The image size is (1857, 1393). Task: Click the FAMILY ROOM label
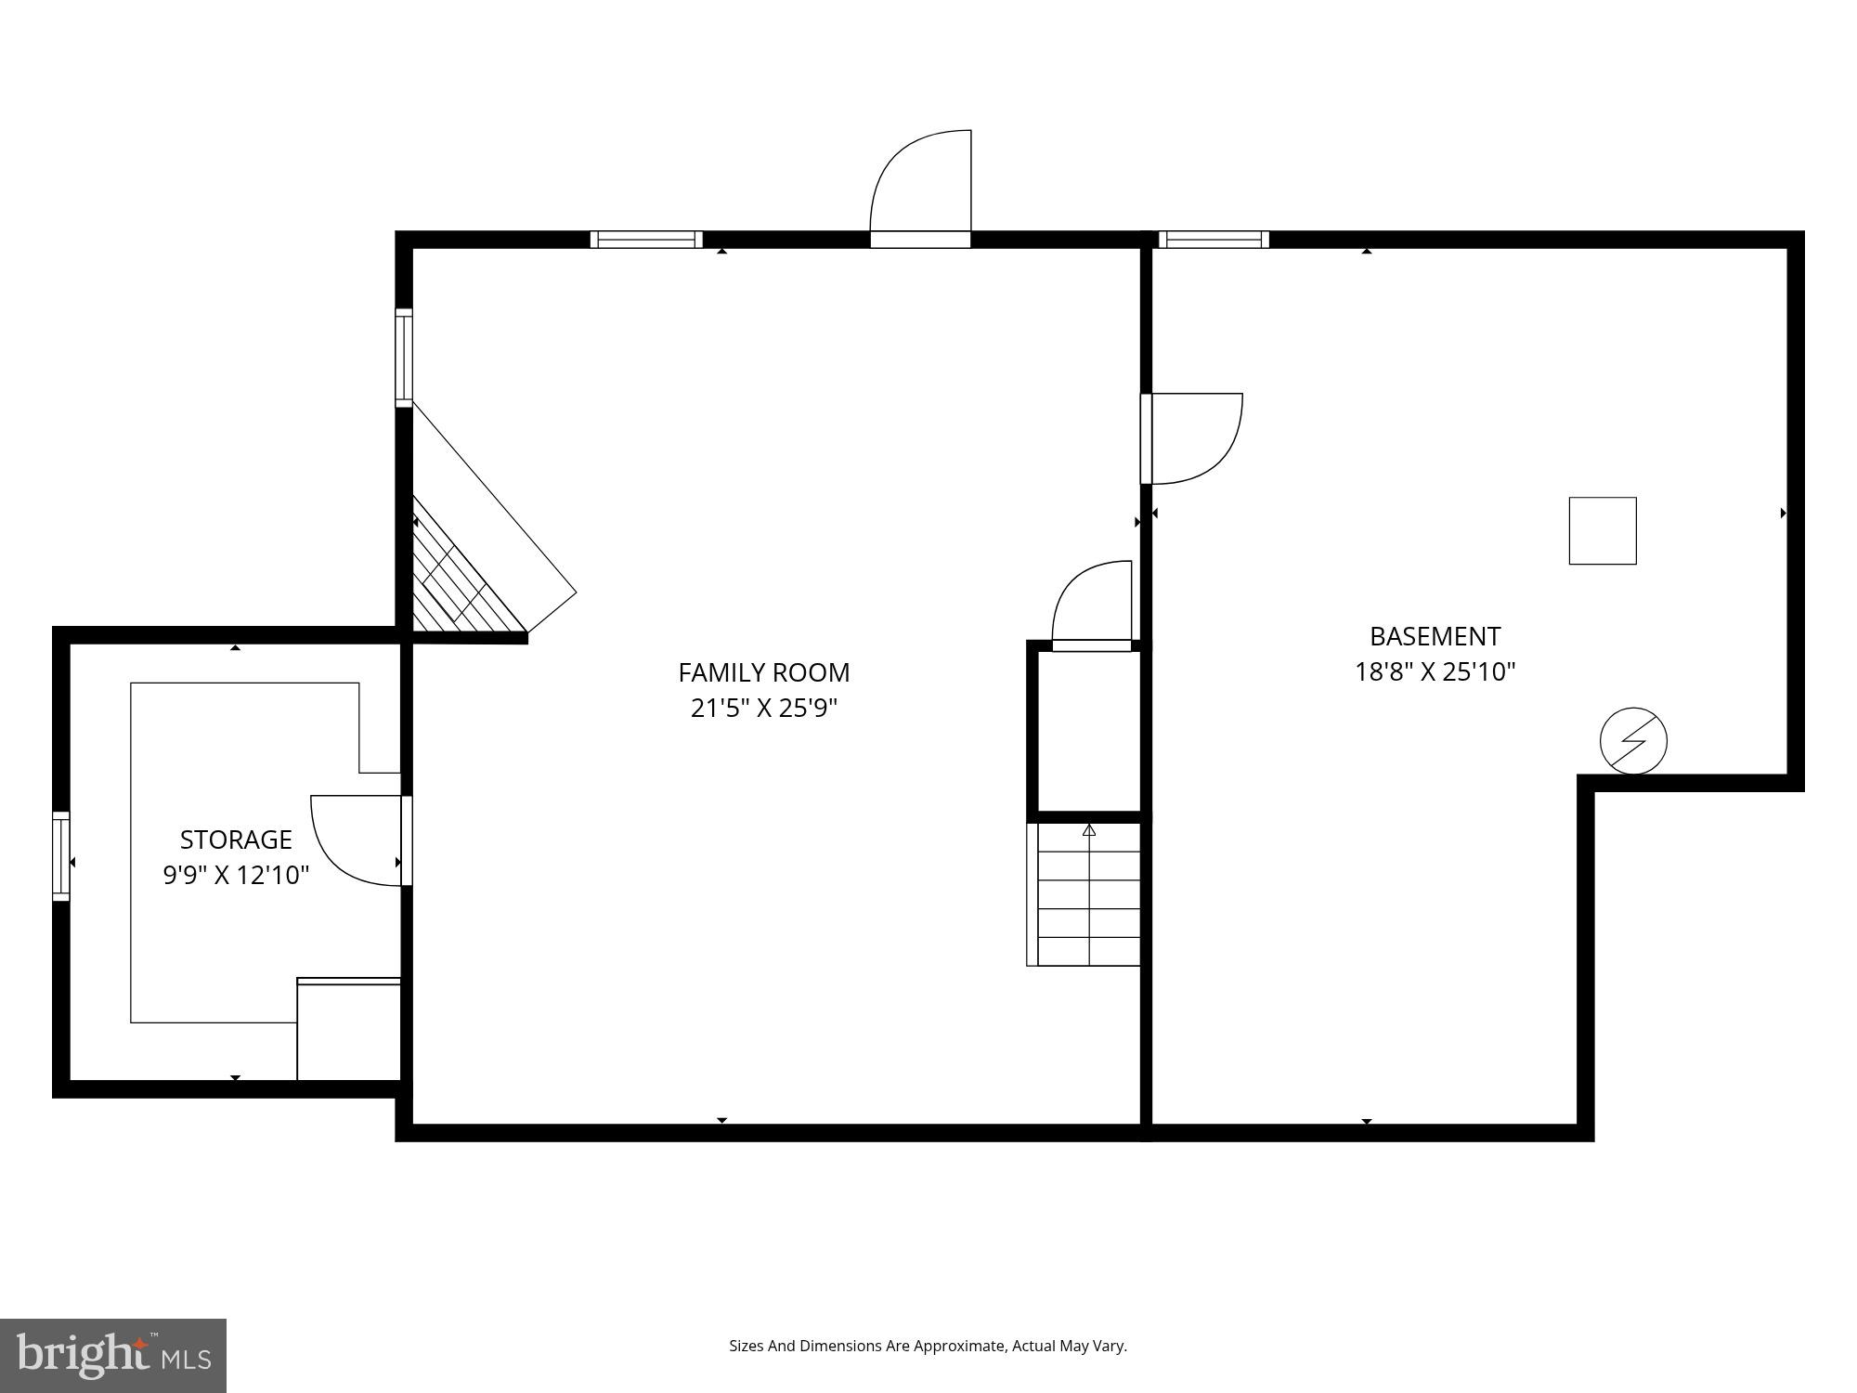[763, 672]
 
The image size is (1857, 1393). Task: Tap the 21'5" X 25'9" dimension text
[763, 709]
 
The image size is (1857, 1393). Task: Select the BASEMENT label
[1435, 636]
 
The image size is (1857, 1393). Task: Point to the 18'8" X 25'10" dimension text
[1435, 671]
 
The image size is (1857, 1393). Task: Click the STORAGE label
[236, 840]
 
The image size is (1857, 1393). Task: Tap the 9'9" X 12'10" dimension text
[236, 875]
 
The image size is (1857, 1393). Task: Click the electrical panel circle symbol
[1633, 741]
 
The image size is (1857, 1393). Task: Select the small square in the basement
[1603, 530]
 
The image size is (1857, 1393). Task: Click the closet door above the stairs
[1093, 604]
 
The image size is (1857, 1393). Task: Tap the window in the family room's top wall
[646, 240]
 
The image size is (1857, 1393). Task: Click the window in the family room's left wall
[404, 358]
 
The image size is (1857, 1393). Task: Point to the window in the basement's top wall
[1214, 240]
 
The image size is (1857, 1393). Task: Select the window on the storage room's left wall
[61, 855]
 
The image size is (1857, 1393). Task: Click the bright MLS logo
[112, 1355]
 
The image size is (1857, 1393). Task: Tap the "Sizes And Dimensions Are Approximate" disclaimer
[928, 1346]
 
